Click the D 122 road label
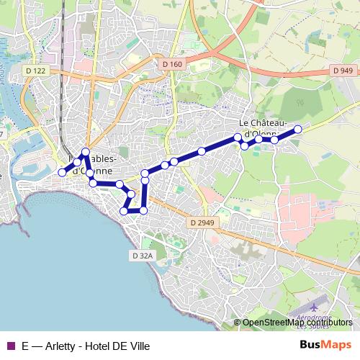tap(35, 71)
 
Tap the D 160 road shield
tap(172, 64)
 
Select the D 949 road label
tap(343, 70)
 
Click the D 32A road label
tap(144, 256)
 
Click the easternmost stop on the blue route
tap(298, 129)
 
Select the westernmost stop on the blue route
tap(62, 171)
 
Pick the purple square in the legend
tap(9, 346)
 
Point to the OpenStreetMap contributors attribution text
tap(297, 322)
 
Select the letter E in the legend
tap(26, 346)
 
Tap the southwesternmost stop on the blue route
tap(124, 211)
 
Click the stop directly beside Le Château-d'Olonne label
tap(238, 137)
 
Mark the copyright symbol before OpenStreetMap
tap(238, 322)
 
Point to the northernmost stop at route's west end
tap(85, 152)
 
